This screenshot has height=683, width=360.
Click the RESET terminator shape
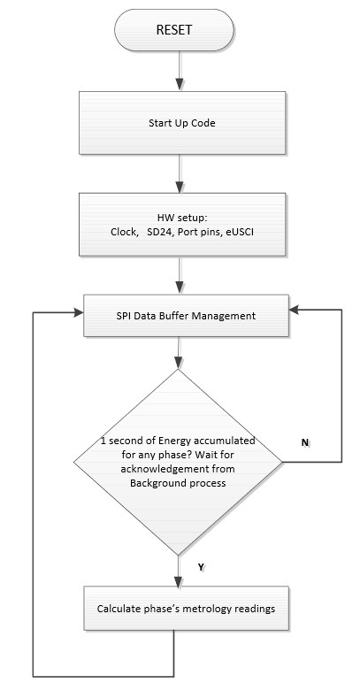(x=174, y=30)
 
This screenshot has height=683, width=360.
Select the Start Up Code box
(x=182, y=123)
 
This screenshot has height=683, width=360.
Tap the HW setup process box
(x=182, y=225)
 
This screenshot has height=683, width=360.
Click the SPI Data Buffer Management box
(x=186, y=316)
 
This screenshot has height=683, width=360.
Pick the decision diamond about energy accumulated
(x=178, y=462)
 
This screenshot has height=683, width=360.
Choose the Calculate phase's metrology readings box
(x=186, y=609)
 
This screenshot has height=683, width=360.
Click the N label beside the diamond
(x=305, y=442)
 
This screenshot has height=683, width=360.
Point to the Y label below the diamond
(x=201, y=567)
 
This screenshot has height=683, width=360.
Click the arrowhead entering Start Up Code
(x=179, y=85)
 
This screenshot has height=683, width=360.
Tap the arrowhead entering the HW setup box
(x=179, y=187)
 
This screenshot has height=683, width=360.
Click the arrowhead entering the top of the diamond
(x=179, y=363)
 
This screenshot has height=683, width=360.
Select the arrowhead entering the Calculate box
(x=179, y=580)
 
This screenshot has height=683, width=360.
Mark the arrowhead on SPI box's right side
(x=295, y=310)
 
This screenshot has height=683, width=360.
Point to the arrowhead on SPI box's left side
(x=78, y=312)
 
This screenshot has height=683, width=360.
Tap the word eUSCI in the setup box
(x=240, y=232)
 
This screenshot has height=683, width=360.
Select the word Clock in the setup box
(x=123, y=232)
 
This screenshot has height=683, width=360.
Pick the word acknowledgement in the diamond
(x=154, y=469)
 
